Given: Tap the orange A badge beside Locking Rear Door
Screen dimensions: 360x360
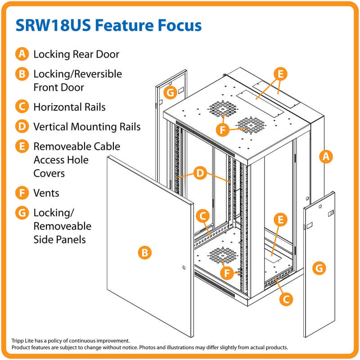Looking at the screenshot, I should tap(22, 54).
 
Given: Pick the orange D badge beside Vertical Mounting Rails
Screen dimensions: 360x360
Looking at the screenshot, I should tap(22, 126).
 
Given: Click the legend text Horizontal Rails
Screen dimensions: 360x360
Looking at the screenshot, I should tap(69, 107).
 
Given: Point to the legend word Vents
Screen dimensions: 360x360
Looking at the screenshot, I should tap(46, 193).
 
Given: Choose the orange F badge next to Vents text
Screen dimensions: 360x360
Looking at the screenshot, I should tap(22, 193).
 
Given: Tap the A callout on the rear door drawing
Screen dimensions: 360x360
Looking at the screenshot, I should tap(325, 157).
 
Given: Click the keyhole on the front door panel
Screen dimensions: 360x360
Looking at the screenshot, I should tap(184, 268).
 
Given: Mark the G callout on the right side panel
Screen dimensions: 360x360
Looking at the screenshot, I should tap(319, 269).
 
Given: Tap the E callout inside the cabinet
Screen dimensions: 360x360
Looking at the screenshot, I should tap(280, 220).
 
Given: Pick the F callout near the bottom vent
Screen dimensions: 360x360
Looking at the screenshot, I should tap(229, 273).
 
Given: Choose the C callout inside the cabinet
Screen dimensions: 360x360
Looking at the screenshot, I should tap(203, 216).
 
